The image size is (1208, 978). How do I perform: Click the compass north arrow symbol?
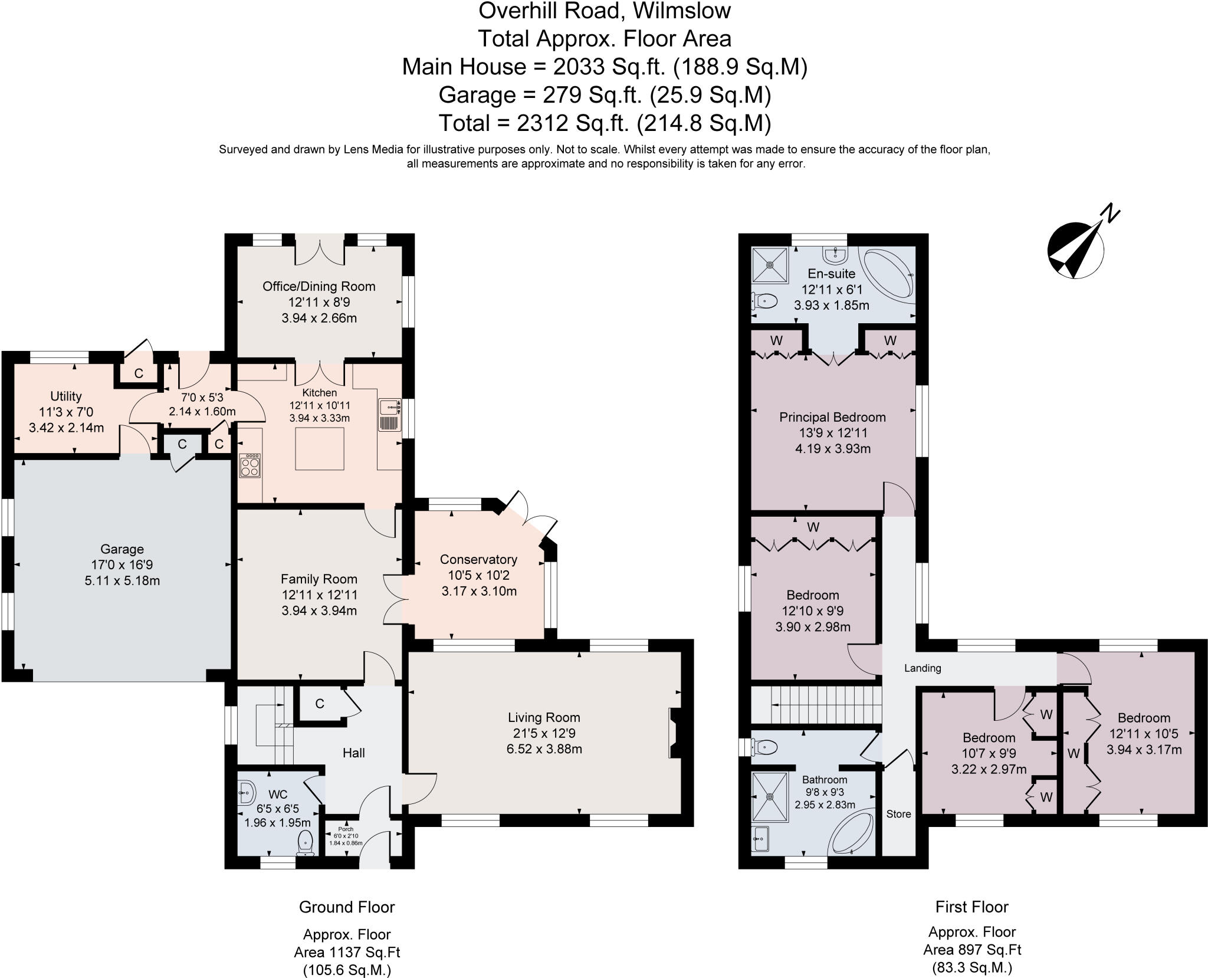coord(1076,249)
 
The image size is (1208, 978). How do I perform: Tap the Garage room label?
coord(122,549)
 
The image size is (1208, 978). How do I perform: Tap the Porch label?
coord(346,829)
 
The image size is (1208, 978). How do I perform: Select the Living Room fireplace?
coord(674,733)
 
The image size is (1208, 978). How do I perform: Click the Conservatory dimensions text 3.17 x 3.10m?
coord(479,590)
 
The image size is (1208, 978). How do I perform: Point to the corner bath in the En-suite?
coord(889,275)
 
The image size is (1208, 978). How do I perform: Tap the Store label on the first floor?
coord(898,814)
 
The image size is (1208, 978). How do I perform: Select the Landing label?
coord(923,668)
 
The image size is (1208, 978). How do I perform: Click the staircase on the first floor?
coord(816,704)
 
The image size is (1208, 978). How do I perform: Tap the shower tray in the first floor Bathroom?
coord(770,796)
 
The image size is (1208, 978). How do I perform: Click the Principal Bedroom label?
coord(832,417)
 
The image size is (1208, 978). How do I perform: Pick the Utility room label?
coord(66,396)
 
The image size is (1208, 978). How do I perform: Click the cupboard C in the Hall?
coord(320,704)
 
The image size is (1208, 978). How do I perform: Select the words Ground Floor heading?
coord(347,907)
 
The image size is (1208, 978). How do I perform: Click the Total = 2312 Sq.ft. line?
coord(605,123)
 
